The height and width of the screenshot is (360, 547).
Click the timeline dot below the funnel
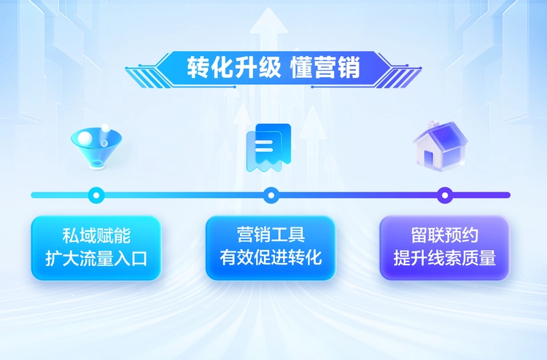point(96,195)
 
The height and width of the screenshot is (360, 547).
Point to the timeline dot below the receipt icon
point(271,195)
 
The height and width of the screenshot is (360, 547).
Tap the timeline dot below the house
point(444,195)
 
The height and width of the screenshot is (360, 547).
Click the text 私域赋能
point(96,236)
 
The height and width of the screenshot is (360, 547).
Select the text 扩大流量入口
point(96,258)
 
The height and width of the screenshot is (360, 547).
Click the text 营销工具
point(271,236)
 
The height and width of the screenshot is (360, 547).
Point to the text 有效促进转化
point(271,258)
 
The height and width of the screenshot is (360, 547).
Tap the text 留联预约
point(444,236)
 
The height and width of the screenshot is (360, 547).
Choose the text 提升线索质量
point(444,258)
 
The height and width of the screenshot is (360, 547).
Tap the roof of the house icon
point(438,132)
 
